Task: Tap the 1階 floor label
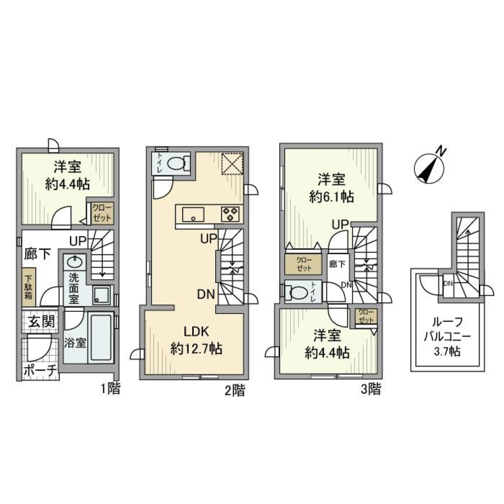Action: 111,389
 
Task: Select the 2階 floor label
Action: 234,390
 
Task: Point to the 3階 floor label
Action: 370,389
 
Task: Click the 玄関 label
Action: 40,322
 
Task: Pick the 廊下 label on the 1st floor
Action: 37,255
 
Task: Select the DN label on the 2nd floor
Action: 205,295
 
